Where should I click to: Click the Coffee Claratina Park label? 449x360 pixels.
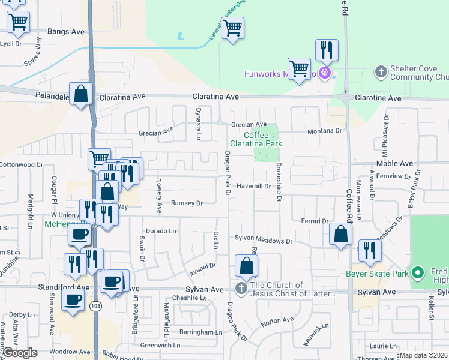coord(256,139)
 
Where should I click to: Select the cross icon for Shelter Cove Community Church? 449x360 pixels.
coord(381,73)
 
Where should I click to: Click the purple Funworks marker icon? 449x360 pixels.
coord(325,74)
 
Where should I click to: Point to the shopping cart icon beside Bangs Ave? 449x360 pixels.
coord(19,22)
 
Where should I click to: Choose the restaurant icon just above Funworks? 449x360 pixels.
coord(327,50)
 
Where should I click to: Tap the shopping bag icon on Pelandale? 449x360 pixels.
coord(80,94)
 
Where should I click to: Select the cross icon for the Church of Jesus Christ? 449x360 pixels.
coord(241,289)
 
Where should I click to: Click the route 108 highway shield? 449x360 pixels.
coord(95,306)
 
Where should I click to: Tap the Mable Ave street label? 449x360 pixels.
coord(394,163)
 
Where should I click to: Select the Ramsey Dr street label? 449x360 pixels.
coord(187,203)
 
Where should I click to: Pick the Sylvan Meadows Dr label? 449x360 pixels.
coord(263,241)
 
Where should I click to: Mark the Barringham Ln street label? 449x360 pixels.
coord(200,332)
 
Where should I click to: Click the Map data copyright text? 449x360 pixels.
coord(423,355)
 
